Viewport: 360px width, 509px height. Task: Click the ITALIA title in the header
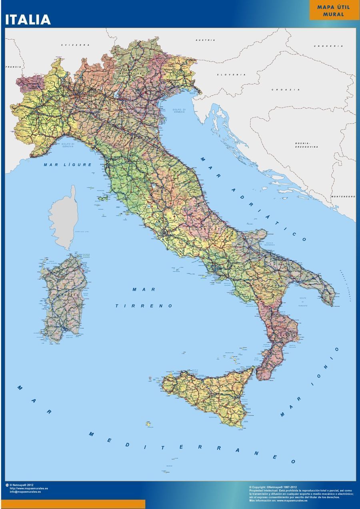pos(28,20)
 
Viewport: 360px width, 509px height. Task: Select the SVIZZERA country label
pos(75,45)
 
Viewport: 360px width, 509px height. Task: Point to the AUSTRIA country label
pos(205,40)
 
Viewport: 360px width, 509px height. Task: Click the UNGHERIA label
pos(328,46)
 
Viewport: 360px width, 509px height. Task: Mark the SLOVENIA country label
pos(231,75)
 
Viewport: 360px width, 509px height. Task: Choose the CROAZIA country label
pos(286,90)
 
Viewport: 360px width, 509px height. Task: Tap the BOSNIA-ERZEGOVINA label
pos(307,145)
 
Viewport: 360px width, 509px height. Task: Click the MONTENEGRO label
pos(343,196)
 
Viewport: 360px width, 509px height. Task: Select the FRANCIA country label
pos(13,67)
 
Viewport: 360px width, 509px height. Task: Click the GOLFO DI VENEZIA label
pos(179,111)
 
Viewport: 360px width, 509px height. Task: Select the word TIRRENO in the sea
pos(144,306)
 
